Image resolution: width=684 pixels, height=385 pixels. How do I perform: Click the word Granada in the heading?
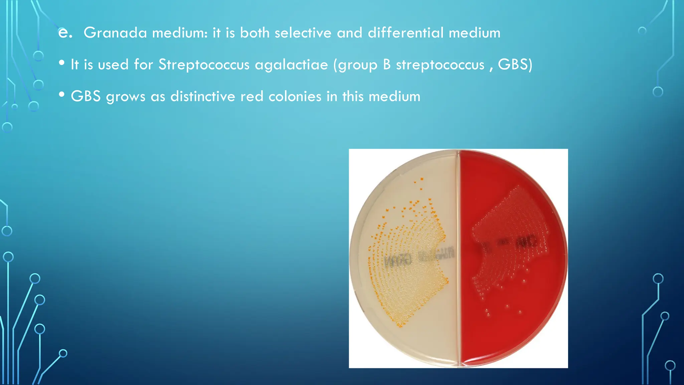pyautogui.click(x=115, y=33)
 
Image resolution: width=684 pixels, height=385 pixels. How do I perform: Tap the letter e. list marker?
pyautogui.click(x=65, y=33)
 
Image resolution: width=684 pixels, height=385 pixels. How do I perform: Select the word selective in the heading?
pyautogui.click(x=303, y=33)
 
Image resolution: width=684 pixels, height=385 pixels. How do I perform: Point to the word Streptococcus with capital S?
pyautogui.click(x=204, y=65)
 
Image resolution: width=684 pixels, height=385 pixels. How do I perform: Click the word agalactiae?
pyautogui.click(x=291, y=65)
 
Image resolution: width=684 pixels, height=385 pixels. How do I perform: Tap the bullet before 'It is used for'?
pyautogui.click(x=61, y=63)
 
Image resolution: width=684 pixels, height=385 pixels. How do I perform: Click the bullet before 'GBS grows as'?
pyautogui.click(x=61, y=95)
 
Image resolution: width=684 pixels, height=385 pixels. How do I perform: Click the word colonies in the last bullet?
pyautogui.click(x=295, y=97)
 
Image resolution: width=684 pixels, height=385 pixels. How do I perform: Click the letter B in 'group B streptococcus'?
pyautogui.click(x=387, y=65)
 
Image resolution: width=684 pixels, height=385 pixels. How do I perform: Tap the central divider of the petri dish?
pyautogui.click(x=459, y=257)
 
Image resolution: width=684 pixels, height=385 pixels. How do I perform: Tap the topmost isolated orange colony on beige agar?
pyautogui.click(x=422, y=179)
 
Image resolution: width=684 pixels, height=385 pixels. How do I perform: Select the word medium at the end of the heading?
pyautogui.click(x=474, y=33)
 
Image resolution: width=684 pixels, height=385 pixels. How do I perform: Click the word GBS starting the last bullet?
pyautogui.click(x=85, y=97)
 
